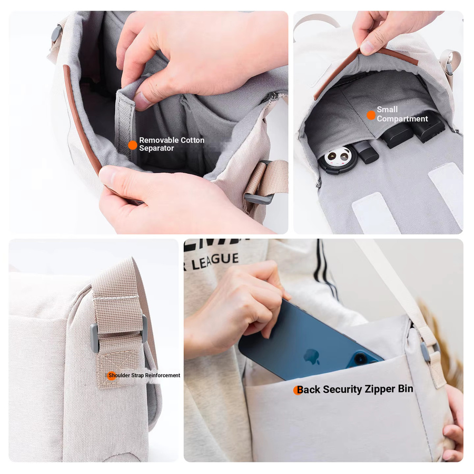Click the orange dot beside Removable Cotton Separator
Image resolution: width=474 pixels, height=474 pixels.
(132, 145)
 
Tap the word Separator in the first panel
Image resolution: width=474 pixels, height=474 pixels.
(156, 148)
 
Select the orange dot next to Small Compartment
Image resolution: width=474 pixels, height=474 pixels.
(371, 115)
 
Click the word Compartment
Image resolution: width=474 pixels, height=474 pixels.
(402, 119)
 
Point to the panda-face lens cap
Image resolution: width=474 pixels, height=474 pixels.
(338, 159)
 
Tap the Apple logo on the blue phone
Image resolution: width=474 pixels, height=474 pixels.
(312, 356)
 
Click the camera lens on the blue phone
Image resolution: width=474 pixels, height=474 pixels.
(360, 358)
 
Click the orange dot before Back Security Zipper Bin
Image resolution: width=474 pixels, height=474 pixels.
(298, 390)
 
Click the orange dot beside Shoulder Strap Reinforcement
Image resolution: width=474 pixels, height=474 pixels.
(112, 376)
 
